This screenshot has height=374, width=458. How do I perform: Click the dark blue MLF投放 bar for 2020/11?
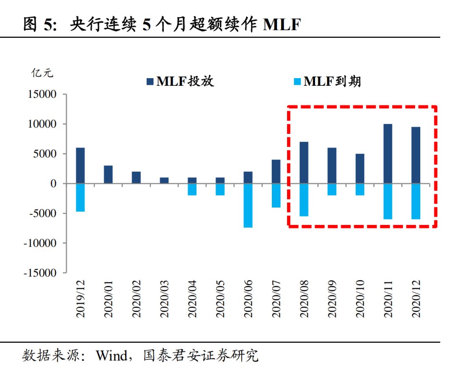point(388,154)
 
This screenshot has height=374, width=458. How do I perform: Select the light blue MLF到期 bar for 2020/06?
point(248,205)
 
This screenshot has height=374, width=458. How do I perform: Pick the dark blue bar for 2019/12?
point(80,166)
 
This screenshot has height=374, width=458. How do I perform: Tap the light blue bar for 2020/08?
point(304,200)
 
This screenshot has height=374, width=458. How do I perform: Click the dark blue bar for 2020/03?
point(164,180)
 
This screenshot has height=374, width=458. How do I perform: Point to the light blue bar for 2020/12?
point(416,201)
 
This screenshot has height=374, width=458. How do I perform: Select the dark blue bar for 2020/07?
point(276,172)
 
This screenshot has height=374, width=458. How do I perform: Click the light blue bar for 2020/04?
point(192,189)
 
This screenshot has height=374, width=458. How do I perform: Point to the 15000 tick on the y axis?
point(42,94)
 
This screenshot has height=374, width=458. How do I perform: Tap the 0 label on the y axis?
point(53,184)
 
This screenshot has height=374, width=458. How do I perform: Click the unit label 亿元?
point(42,73)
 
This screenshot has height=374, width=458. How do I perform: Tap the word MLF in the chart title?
point(282,25)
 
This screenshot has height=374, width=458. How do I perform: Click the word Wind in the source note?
point(111,355)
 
